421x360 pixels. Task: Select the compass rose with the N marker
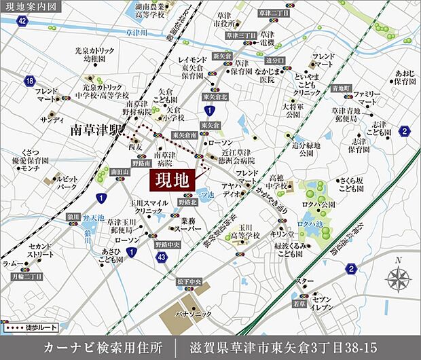tap(397, 278)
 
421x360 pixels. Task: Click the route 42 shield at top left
tap(22, 21)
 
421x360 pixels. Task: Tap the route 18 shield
tap(29, 81)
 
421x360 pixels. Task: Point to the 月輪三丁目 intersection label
tap(28, 276)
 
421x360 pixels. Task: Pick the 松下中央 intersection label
tap(188, 281)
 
